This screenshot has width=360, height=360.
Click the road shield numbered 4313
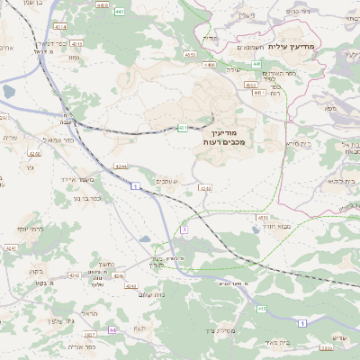click(76, 43)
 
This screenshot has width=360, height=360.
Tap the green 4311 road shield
click(183, 127)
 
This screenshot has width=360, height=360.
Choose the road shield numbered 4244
click(121, 165)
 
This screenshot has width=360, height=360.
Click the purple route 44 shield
click(112, 330)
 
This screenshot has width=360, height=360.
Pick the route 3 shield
click(184, 230)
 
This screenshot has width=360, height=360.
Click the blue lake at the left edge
click(8, 92)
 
